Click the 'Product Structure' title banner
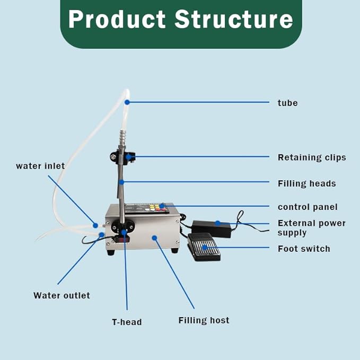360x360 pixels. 180,20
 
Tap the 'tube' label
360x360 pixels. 287,103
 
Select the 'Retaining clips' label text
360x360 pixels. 312,157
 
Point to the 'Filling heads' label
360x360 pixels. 306,183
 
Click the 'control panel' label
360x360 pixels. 308,207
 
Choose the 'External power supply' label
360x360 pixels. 311,228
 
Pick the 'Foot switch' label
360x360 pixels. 304,249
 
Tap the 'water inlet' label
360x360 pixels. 40,166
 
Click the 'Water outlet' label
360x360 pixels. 62,295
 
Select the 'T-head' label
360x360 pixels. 127,322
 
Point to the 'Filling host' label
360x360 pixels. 204,320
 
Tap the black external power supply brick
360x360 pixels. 211,228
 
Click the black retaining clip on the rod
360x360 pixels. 122,157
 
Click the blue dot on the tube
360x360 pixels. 127,102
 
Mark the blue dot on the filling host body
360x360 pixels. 155,238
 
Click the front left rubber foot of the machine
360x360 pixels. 110,252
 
